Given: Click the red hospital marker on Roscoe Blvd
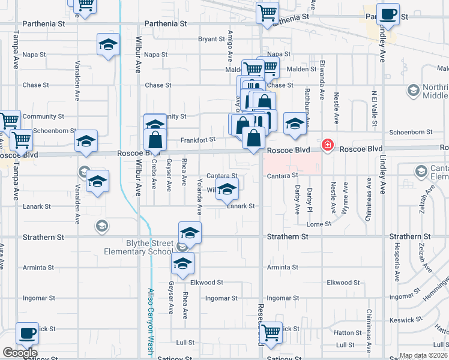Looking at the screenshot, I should [x=328, y=145].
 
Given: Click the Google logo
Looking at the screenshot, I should [x=20, y=353].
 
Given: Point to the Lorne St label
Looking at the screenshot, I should [x=319, y=224].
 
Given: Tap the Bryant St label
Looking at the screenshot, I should [x=211, y=39].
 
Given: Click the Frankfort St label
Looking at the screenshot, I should [x=197, y=140].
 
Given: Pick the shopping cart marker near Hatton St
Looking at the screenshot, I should [x=271, y=332].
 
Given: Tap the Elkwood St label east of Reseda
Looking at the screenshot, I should [x=343, y=282].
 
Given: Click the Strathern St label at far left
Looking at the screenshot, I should [x=43, y=238].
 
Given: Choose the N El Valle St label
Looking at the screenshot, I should [x=373, y=108].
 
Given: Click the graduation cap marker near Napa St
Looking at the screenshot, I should [x=108, y=45].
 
